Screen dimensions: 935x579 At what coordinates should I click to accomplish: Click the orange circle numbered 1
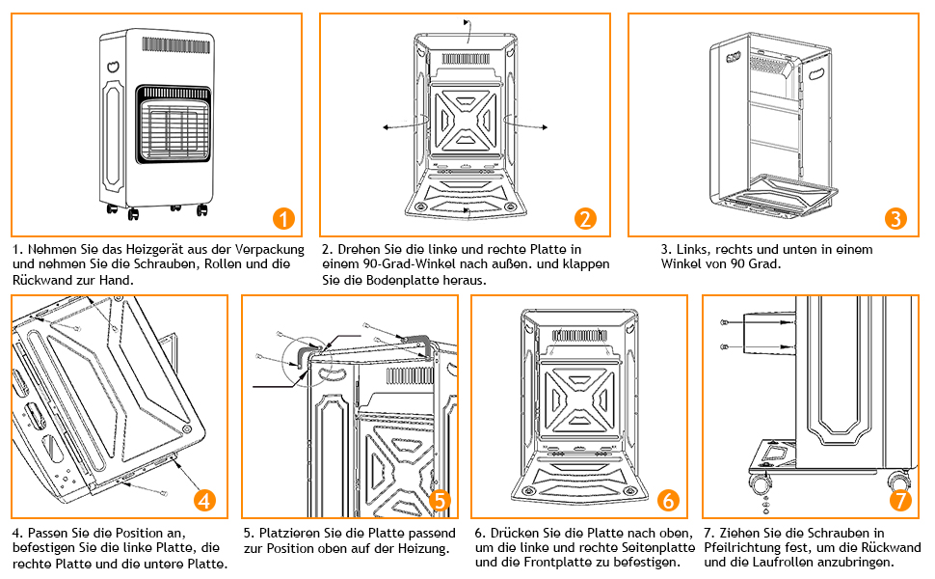[x=283, y=218]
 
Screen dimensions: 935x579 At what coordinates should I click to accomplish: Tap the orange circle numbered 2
[x=585, y=218]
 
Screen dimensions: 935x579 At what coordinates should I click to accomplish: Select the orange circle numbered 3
[x=895, y=218]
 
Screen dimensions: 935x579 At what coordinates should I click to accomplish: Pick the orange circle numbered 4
[x=204, y=500]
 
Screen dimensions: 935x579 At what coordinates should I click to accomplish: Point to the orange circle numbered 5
[x=440, y=500]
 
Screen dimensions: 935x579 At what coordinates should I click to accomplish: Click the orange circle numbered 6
[x=668, y=500]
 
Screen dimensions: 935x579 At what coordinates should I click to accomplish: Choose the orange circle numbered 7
[x=900, y=500]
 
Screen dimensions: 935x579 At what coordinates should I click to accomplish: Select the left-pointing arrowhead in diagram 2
[x=387, y=127]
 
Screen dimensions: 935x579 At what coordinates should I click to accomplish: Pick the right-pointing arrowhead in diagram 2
[x=544, y=127]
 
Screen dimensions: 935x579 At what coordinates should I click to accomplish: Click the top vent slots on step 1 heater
[x=175, y=45]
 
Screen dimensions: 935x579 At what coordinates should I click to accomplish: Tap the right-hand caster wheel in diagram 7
[x=897, y=480]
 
